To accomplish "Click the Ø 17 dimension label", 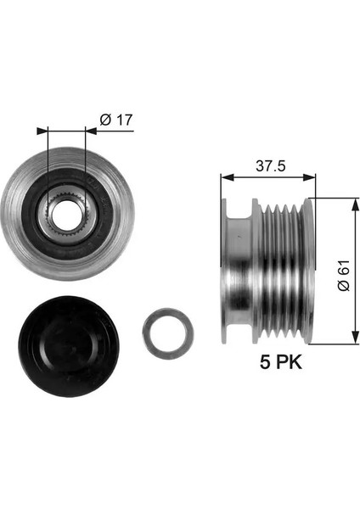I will coord(116,120).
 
